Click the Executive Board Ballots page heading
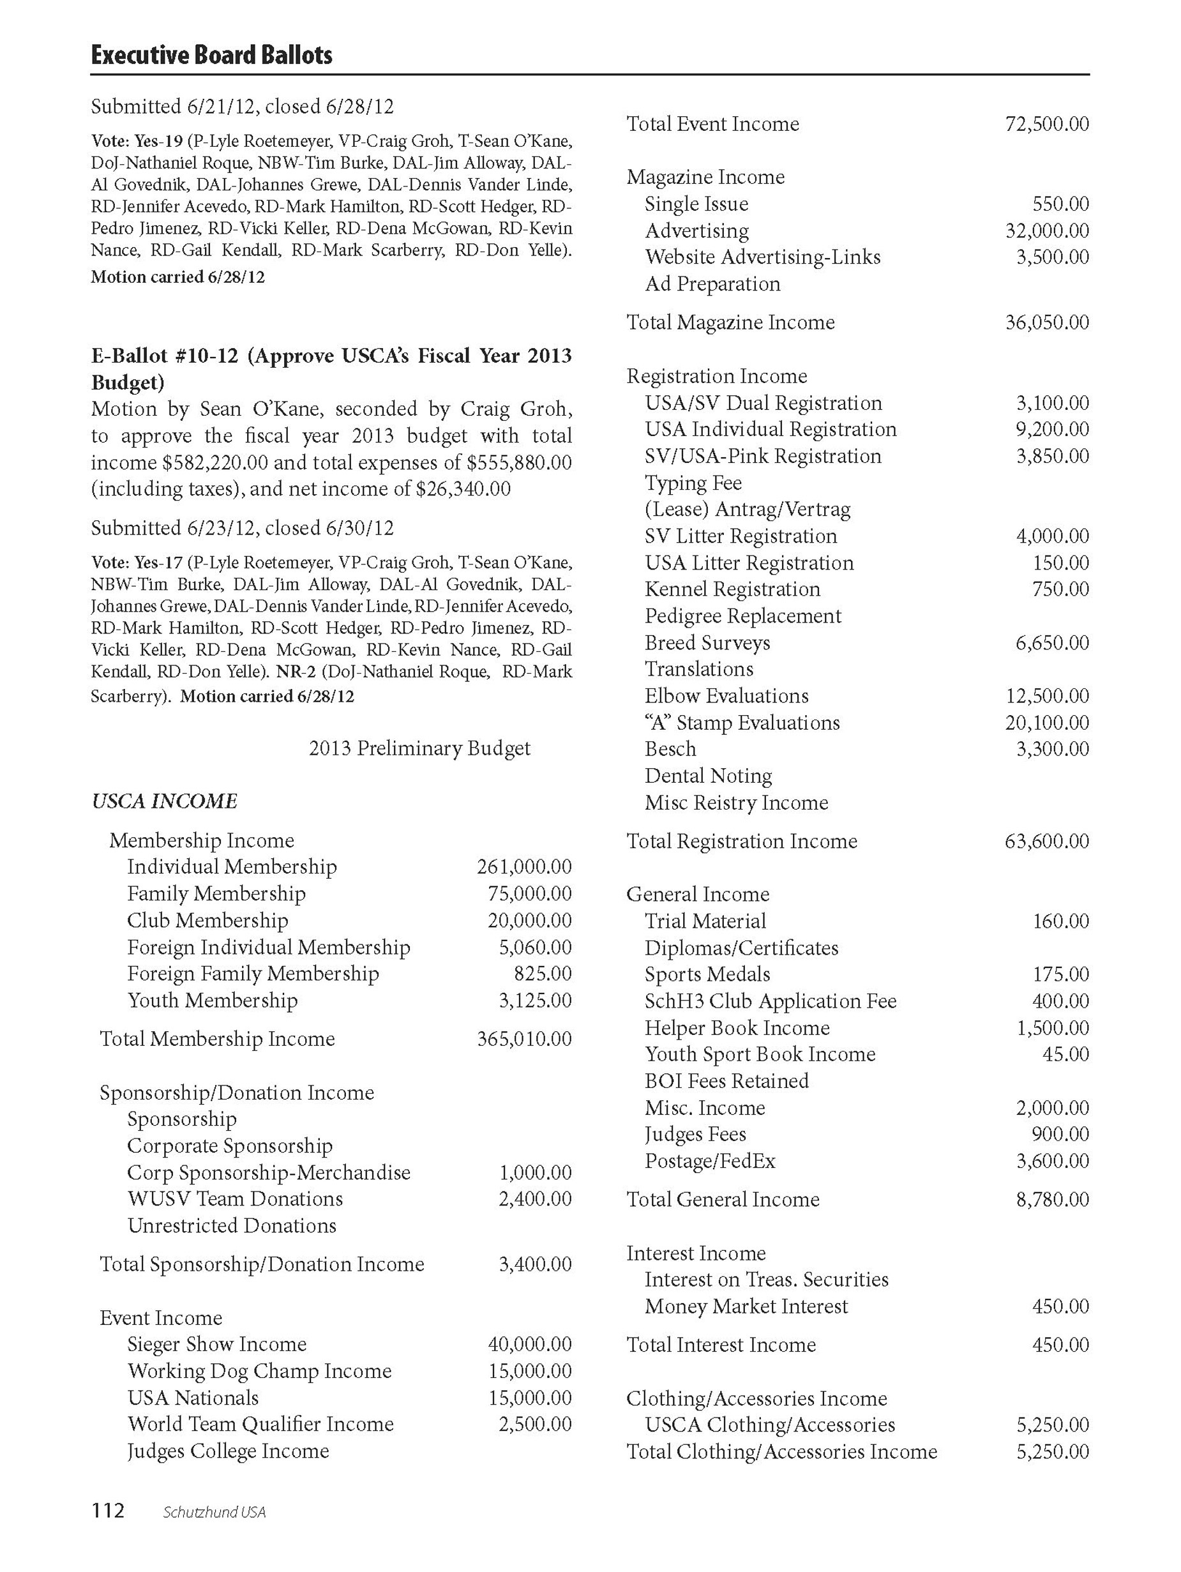pos(212,55)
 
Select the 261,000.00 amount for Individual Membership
pos(523,866)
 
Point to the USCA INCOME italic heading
pos(164,801)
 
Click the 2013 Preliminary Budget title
pos(419,748)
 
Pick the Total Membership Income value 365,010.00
pos(523,1038)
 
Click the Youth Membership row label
pos(212,1000)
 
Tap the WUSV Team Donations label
pos(234,1198)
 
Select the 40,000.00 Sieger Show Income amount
pos(529,1344)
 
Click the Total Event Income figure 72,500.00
pos(1047,124)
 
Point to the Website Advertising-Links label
pos(762,257)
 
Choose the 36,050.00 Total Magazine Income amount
pos(1047,322)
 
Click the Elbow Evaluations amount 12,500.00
pos(1047,696)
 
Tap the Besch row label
pos(670,749)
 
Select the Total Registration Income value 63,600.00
pos(1047,841)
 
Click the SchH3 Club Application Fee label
pos(771,1001)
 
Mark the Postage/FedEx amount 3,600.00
pos(1053,1161)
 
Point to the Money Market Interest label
pos(746,1306)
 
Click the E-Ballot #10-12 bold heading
pos(331,368)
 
